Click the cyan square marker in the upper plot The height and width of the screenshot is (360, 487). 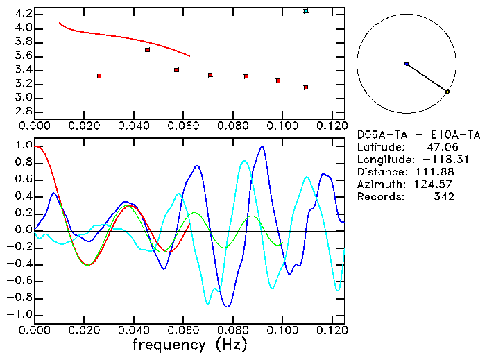(x=306, y=11)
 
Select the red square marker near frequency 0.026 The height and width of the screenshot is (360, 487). (x=99, y=76)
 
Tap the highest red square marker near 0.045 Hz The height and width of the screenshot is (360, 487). (x=147, y=50)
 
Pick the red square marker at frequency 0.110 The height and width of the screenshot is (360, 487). (x=306, y=87)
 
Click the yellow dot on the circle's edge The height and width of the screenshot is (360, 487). (x=447, y=92)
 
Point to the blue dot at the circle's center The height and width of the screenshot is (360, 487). (x=407, y=64)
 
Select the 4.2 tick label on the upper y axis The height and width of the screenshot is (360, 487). (x=22, y=14)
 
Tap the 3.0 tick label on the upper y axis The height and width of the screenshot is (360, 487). (x=22, y=98)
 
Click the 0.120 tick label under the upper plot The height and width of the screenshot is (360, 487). (x=331, y=126)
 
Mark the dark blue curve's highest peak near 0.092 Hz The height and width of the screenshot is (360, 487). (x=262, y=146)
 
